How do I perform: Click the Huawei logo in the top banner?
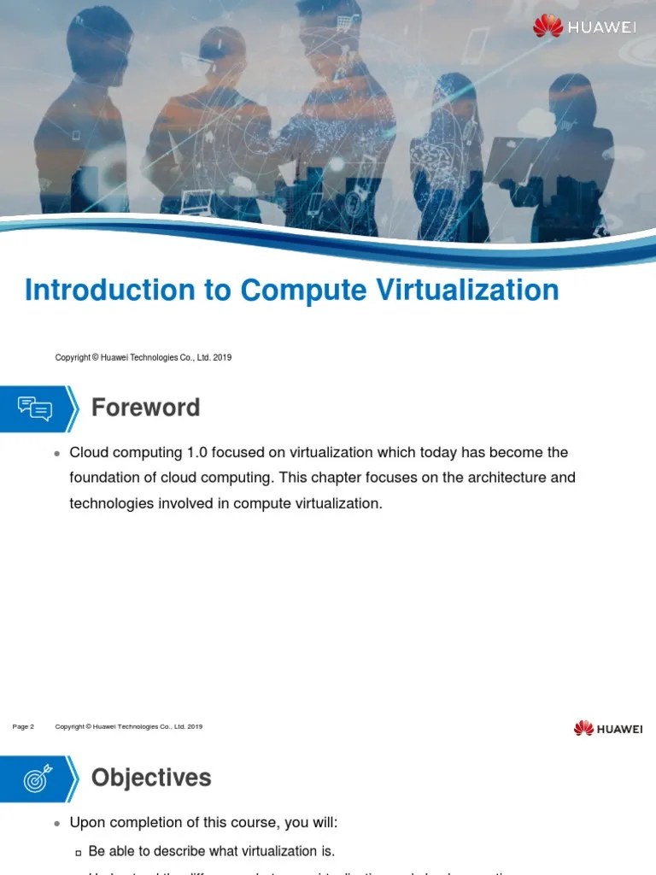pyautogui.click(x=584, y=26)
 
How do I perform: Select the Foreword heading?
pyautogui.click(x=145, y=408)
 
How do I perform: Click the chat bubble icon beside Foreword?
pyautogui.click(x=35, y=408)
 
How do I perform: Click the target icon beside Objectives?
pyautogui.click(x=35, y=778)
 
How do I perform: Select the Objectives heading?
pyautogui.click(x=150, y=778)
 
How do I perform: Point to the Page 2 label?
pyautogui.click(x=23, y=727)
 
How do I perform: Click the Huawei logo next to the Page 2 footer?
pyautogui.click(x=608, y=728)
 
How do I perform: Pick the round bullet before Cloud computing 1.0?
pyautogui.click(x=56, y=453)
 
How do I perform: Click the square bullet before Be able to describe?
pyautogui.click(x=78, y=852)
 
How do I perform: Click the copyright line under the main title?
pyautogui.click(x=143, y=357)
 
